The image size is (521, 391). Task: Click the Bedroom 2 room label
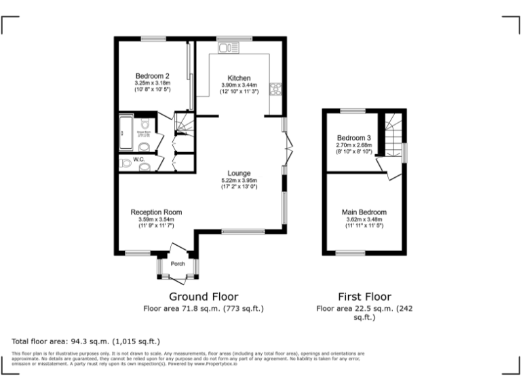click(x=152, y=75)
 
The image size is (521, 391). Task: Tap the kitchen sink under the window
click(x=226, y=48)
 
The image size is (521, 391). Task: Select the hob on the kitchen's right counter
click(x=276, y=90)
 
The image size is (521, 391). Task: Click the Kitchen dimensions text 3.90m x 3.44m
click(x=239, y=85)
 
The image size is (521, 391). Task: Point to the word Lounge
click(x=239, y=173)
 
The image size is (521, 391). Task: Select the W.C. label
click(x=139, y=160)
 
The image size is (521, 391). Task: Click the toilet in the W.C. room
click(x=125, y=164)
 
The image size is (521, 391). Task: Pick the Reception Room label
click(x=156, y=212)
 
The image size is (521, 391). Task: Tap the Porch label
click(x=178, y=264)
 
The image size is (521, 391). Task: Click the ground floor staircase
click(x=184, y=124)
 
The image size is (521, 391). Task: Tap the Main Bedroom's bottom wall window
click(x=350, y=253)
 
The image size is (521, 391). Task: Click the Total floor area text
click(x=85, y=341)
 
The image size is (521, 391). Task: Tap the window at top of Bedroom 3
click(x=353, y=110)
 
